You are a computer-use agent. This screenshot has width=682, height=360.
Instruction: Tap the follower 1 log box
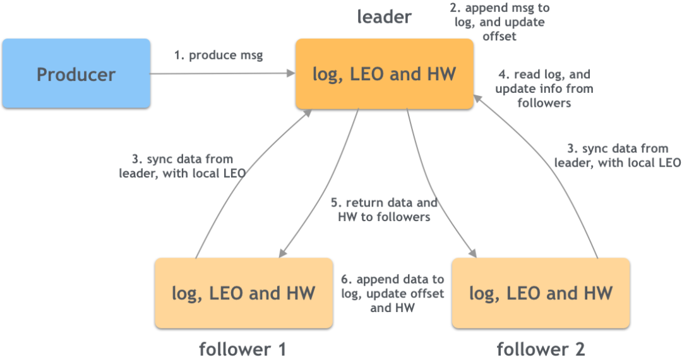[243, 292]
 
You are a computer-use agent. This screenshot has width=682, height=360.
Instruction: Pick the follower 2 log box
[541, 292]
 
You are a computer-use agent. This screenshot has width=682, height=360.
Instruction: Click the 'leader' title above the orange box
[384, 17]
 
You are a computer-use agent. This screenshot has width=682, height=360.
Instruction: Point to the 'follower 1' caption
[242, 349]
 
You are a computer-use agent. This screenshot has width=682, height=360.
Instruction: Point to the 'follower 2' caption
[541, 349]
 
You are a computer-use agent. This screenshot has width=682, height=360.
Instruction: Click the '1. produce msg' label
[219, 55]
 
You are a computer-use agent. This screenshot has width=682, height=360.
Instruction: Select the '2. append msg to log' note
[499, 22]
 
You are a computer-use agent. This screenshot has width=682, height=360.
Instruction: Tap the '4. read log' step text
[544, 88]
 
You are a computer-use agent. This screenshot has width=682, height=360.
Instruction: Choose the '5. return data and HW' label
[384, 210]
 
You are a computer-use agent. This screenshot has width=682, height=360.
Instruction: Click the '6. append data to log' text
[392, 294]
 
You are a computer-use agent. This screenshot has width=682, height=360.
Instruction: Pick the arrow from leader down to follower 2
[436, 189]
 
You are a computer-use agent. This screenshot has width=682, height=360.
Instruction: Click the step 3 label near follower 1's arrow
[182, 165]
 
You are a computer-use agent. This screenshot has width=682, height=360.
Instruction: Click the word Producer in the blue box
[76, 75]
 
